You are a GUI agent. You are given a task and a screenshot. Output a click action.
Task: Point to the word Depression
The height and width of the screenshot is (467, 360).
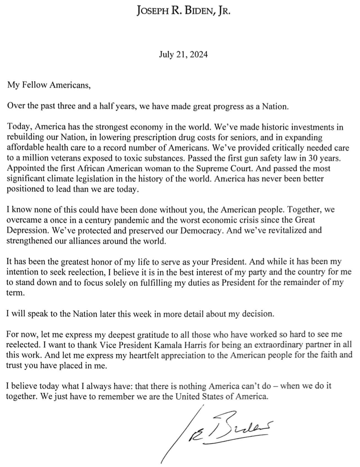[25, 230]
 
